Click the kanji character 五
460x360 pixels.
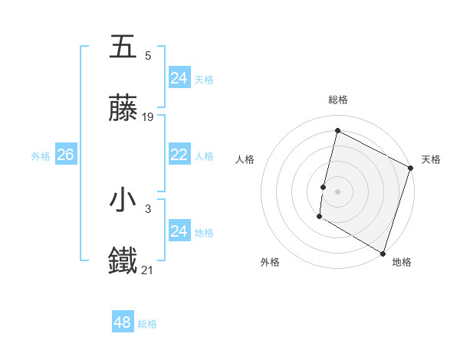tap(123, 47)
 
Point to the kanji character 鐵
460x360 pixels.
tap(123, 261)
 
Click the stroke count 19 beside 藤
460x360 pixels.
tap(148, 117)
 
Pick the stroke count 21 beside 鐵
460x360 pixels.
tap(148, 269)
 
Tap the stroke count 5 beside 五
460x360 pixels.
tap(148, 55)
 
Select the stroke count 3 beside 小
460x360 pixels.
tap(148, 208)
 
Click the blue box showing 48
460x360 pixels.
tap(123, 322)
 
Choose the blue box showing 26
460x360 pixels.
tap(65, 155)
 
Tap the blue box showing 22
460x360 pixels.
tap(179, 155)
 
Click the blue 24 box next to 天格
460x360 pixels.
tap(179, 78)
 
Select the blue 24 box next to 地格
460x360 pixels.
tap(179, 231)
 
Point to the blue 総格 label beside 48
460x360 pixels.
tap(147, 324)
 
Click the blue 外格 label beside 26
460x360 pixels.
tap(41, 156)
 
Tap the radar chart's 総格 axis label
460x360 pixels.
tap(337, 100)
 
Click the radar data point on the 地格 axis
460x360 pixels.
tap(383, 253)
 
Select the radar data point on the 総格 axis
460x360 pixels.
tap(337, 131)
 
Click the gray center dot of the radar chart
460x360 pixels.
tap(337, 191)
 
